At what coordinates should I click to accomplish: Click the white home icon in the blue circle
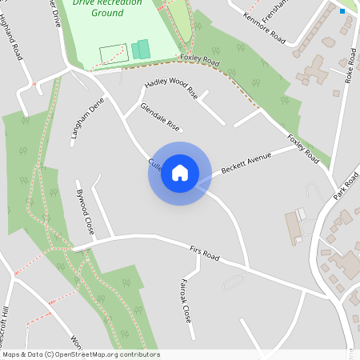[180, 173]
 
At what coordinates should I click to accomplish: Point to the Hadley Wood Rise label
[170, 88]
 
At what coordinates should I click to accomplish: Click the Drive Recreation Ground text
[107, 7]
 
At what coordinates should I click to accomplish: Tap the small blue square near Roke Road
[342, 11]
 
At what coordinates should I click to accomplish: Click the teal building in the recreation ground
[141, 49]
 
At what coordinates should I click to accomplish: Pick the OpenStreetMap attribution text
[81, 354]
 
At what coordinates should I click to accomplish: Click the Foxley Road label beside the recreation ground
[199, 61]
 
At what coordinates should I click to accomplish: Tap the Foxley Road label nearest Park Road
[303, 150]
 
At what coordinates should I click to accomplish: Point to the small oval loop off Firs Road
[234, 282]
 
